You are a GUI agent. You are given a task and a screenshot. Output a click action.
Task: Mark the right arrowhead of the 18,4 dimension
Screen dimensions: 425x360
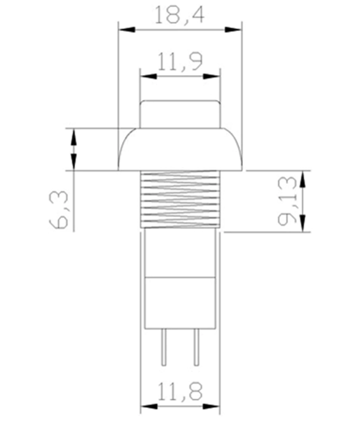(x=236, y=29)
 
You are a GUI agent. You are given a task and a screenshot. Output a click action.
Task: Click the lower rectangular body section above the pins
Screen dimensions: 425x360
(x=180, y=302)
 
